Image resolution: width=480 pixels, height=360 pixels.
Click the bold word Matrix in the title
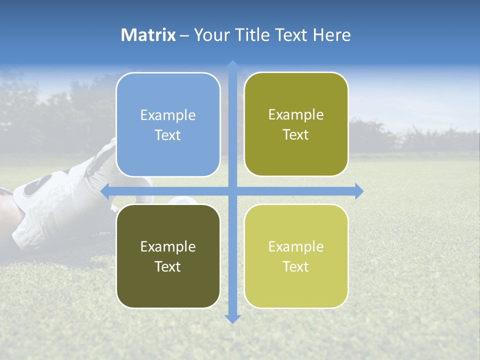tap(148, 35)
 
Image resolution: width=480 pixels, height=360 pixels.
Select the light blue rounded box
tap(168, 125)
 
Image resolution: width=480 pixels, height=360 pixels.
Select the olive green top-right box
tap(296, 124)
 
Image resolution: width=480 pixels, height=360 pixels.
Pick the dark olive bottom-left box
tap(168, 256)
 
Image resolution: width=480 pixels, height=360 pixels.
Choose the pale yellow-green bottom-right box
tap(296, 256)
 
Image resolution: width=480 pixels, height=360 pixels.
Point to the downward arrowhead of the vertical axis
tap(232, 318)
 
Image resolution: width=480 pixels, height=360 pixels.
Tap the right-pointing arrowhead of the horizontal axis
tap(358, 191)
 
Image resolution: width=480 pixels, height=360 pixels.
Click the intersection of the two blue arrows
tap(232, 191)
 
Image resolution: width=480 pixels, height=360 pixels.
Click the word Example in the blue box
tap(168, 115)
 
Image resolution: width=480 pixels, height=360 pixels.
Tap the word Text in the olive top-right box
tap(296, 135)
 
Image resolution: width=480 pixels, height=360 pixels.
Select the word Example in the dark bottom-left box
tap(168, 247)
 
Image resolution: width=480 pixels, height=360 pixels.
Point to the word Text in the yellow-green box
tap(296, 267)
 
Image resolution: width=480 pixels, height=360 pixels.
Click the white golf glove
tap(55, 205)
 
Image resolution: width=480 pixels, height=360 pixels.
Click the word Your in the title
tap(210, 35)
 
